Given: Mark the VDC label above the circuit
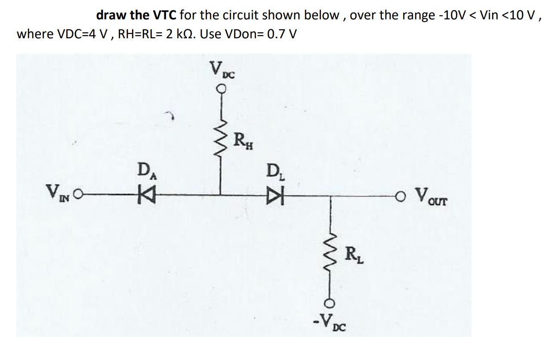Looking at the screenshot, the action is (222, 70).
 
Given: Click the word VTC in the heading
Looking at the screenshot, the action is (164, 15).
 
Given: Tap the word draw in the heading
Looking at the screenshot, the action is (111, 15).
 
